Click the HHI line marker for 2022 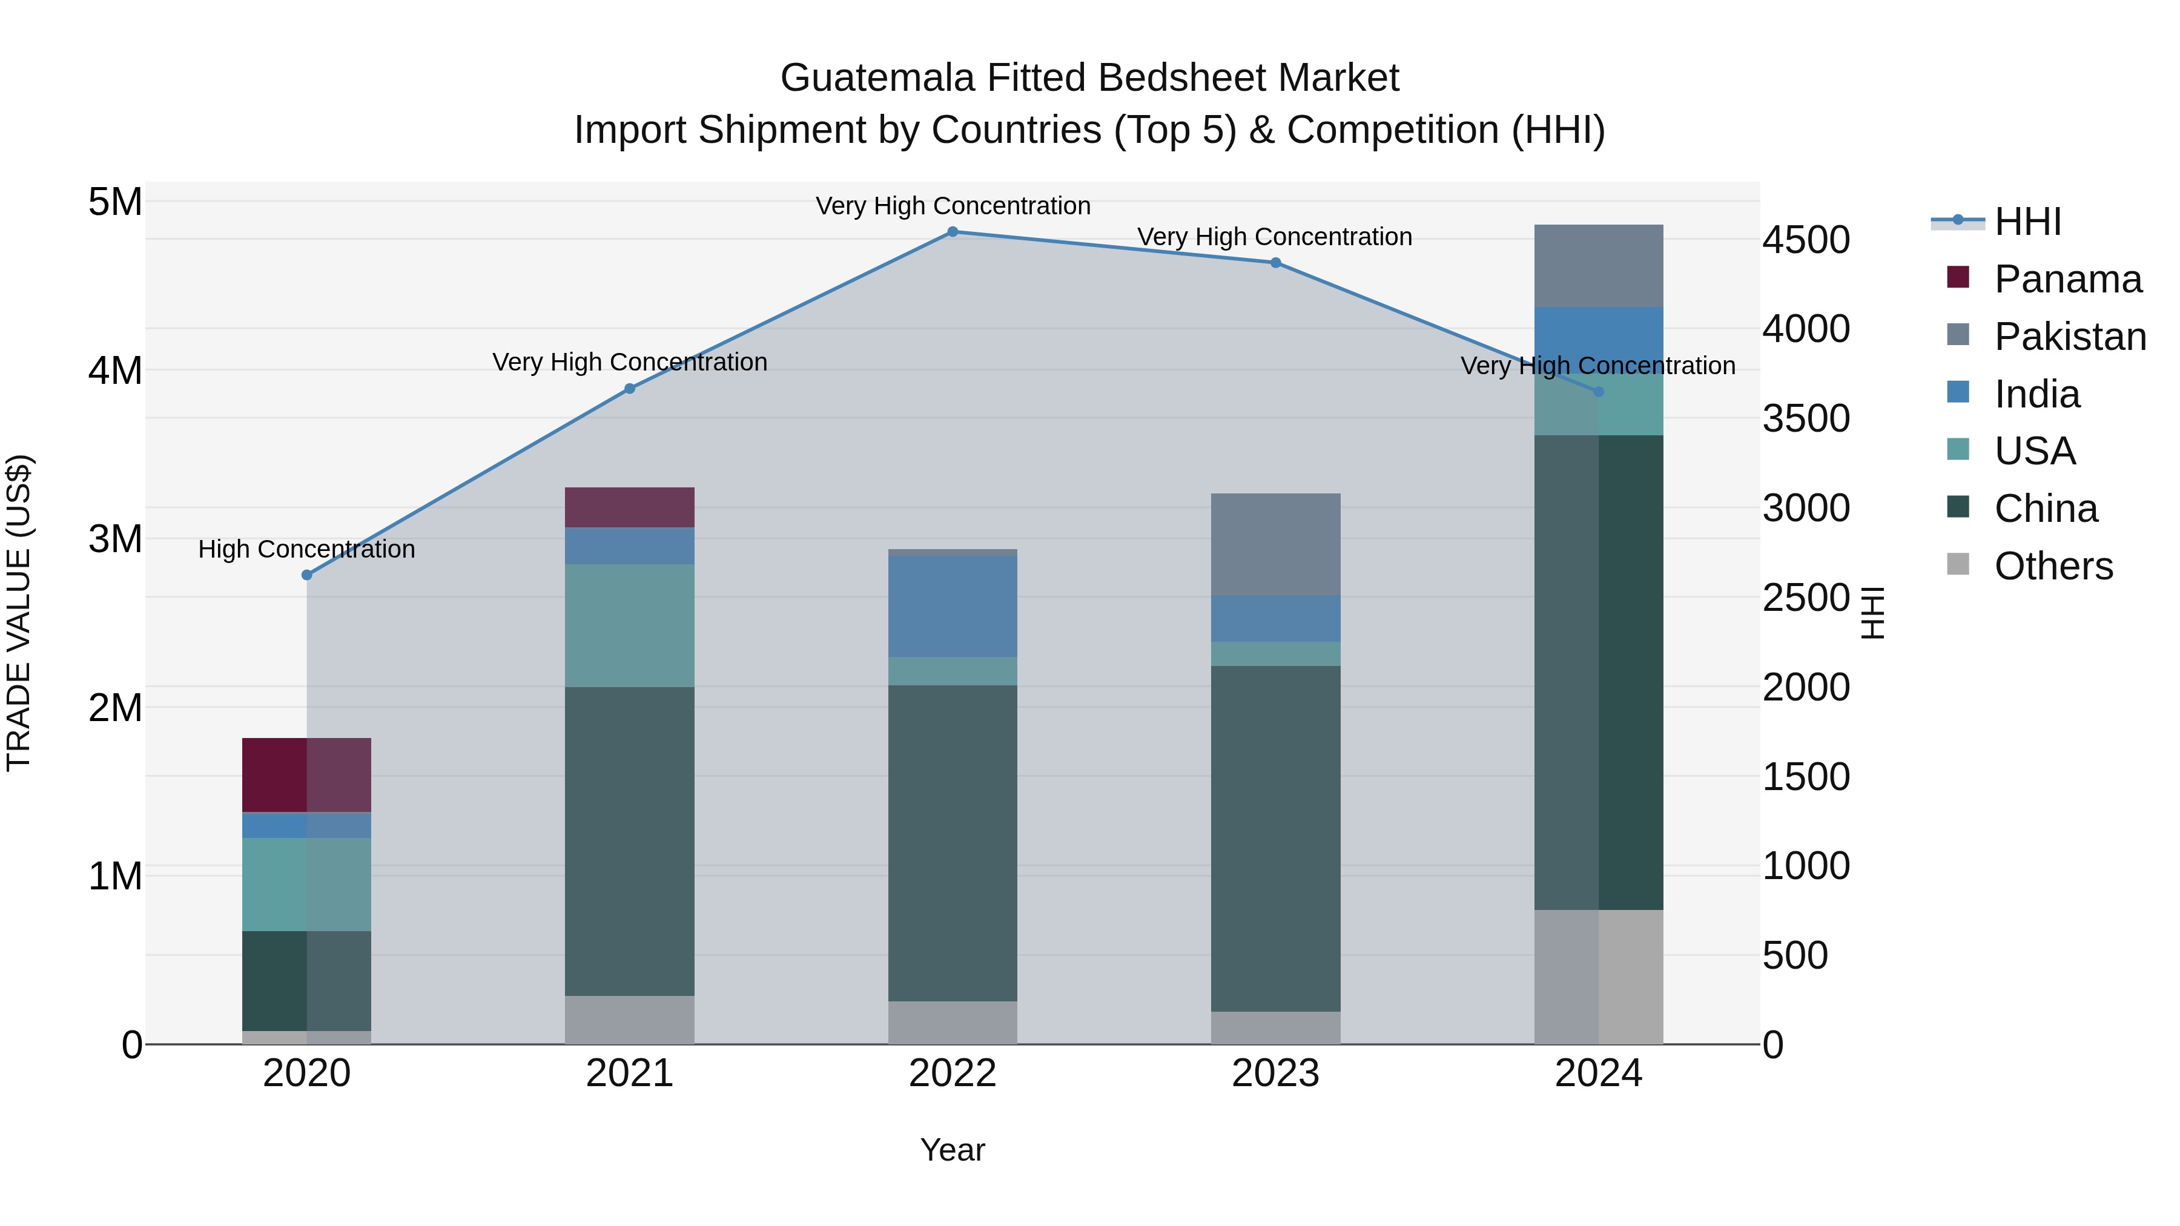[952, 232]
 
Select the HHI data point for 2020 [307, 575]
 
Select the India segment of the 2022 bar [952, 606]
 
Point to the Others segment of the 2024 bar [1598, 977]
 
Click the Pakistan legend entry [2069, 336]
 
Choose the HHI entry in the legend [2027, 222]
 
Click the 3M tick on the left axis [115, 539]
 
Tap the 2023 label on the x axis [1275, 1073]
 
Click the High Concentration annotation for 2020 [307, 549]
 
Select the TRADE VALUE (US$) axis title [19, 613]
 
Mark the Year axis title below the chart [952, 1150]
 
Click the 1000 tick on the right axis [1806, 866]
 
